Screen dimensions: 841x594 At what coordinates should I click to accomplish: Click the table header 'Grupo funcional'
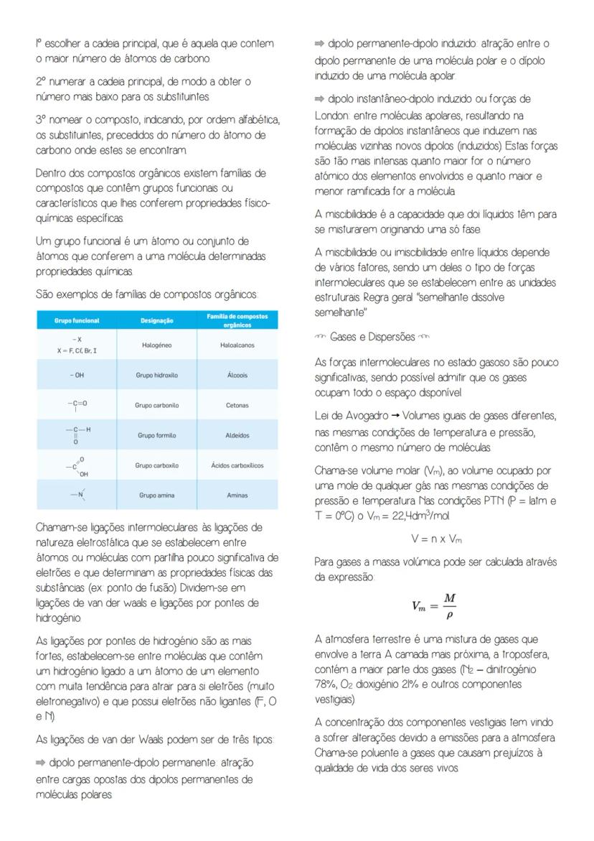click(77, 321)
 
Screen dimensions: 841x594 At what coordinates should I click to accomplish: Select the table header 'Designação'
click(157, 321)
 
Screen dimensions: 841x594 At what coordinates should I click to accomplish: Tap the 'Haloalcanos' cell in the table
click(237, 345)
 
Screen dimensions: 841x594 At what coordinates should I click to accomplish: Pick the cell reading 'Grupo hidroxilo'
click(157, 376)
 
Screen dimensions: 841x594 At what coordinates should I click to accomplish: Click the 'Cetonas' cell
click(237, 406)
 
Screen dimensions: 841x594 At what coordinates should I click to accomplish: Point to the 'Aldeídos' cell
click(237, 436)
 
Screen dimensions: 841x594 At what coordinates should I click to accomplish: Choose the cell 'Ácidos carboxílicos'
click(237, 465)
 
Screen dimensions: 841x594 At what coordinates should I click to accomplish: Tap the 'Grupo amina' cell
click(157, 496)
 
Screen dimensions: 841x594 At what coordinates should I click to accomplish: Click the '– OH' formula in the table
click(77, 376)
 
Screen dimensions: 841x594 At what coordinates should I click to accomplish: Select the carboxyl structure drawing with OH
click(77, 465)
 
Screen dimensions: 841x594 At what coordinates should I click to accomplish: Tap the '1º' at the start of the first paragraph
click(40, 45)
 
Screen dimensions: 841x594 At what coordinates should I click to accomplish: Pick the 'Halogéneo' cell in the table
click(157, 345)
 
